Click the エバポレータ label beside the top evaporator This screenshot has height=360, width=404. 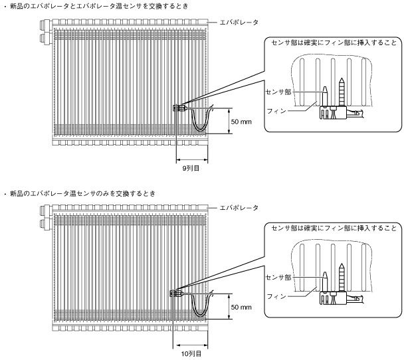pyautogui.click(x=241, y=23)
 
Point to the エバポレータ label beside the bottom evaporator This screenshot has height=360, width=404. pyautogui.click(x=241, y=208)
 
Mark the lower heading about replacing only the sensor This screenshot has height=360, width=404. pyautogui.click(x=80, y=193)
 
